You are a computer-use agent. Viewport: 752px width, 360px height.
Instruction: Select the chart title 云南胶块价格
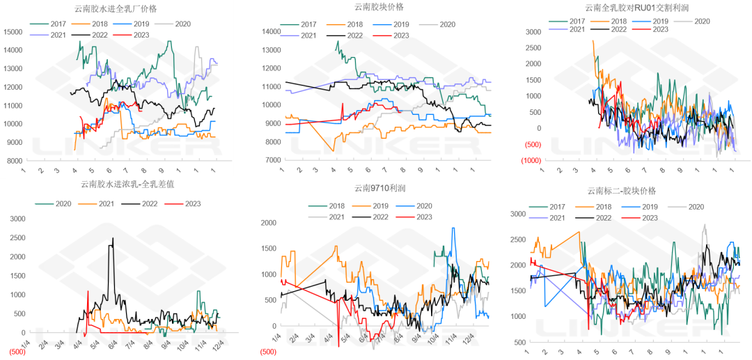pyautogui.click(x=379, y=7)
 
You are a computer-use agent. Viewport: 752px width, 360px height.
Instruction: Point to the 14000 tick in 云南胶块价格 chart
pyautogui.click(x=271, y=32)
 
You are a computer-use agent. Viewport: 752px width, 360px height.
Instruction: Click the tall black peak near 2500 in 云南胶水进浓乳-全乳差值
pyautogui.click(x=113, y=239)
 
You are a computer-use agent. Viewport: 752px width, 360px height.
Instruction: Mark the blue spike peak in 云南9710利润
pyautogui.click(x=454, y=228)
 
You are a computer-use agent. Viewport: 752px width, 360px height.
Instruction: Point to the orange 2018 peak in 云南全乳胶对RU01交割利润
pyautogui.click(x=593, y=41)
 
